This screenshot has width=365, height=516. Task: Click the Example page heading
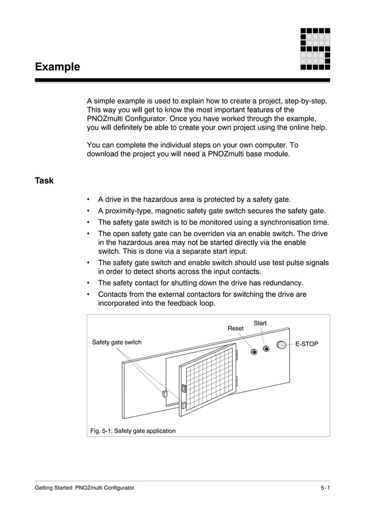click(x=57, y=67)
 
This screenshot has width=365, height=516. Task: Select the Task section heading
click(x=44, y=181)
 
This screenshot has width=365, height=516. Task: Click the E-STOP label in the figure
click(x=307, y=344)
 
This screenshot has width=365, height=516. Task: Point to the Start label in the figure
click(x=260, y=323)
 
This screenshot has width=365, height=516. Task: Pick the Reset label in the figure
click(x=236, y=329)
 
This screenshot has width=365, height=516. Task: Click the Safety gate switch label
click(x=117, y=342)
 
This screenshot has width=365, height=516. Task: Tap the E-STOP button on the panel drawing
click(x=281, y=345)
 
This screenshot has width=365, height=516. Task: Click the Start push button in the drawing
click(x=266, y=349)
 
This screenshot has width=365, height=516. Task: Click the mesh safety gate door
click(x=208, y=379)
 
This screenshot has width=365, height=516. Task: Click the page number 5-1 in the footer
click(x=325, y=487)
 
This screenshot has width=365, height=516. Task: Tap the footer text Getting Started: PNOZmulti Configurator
click(x=85, y=487)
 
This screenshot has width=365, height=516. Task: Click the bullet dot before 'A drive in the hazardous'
click(x=88, y=200)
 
